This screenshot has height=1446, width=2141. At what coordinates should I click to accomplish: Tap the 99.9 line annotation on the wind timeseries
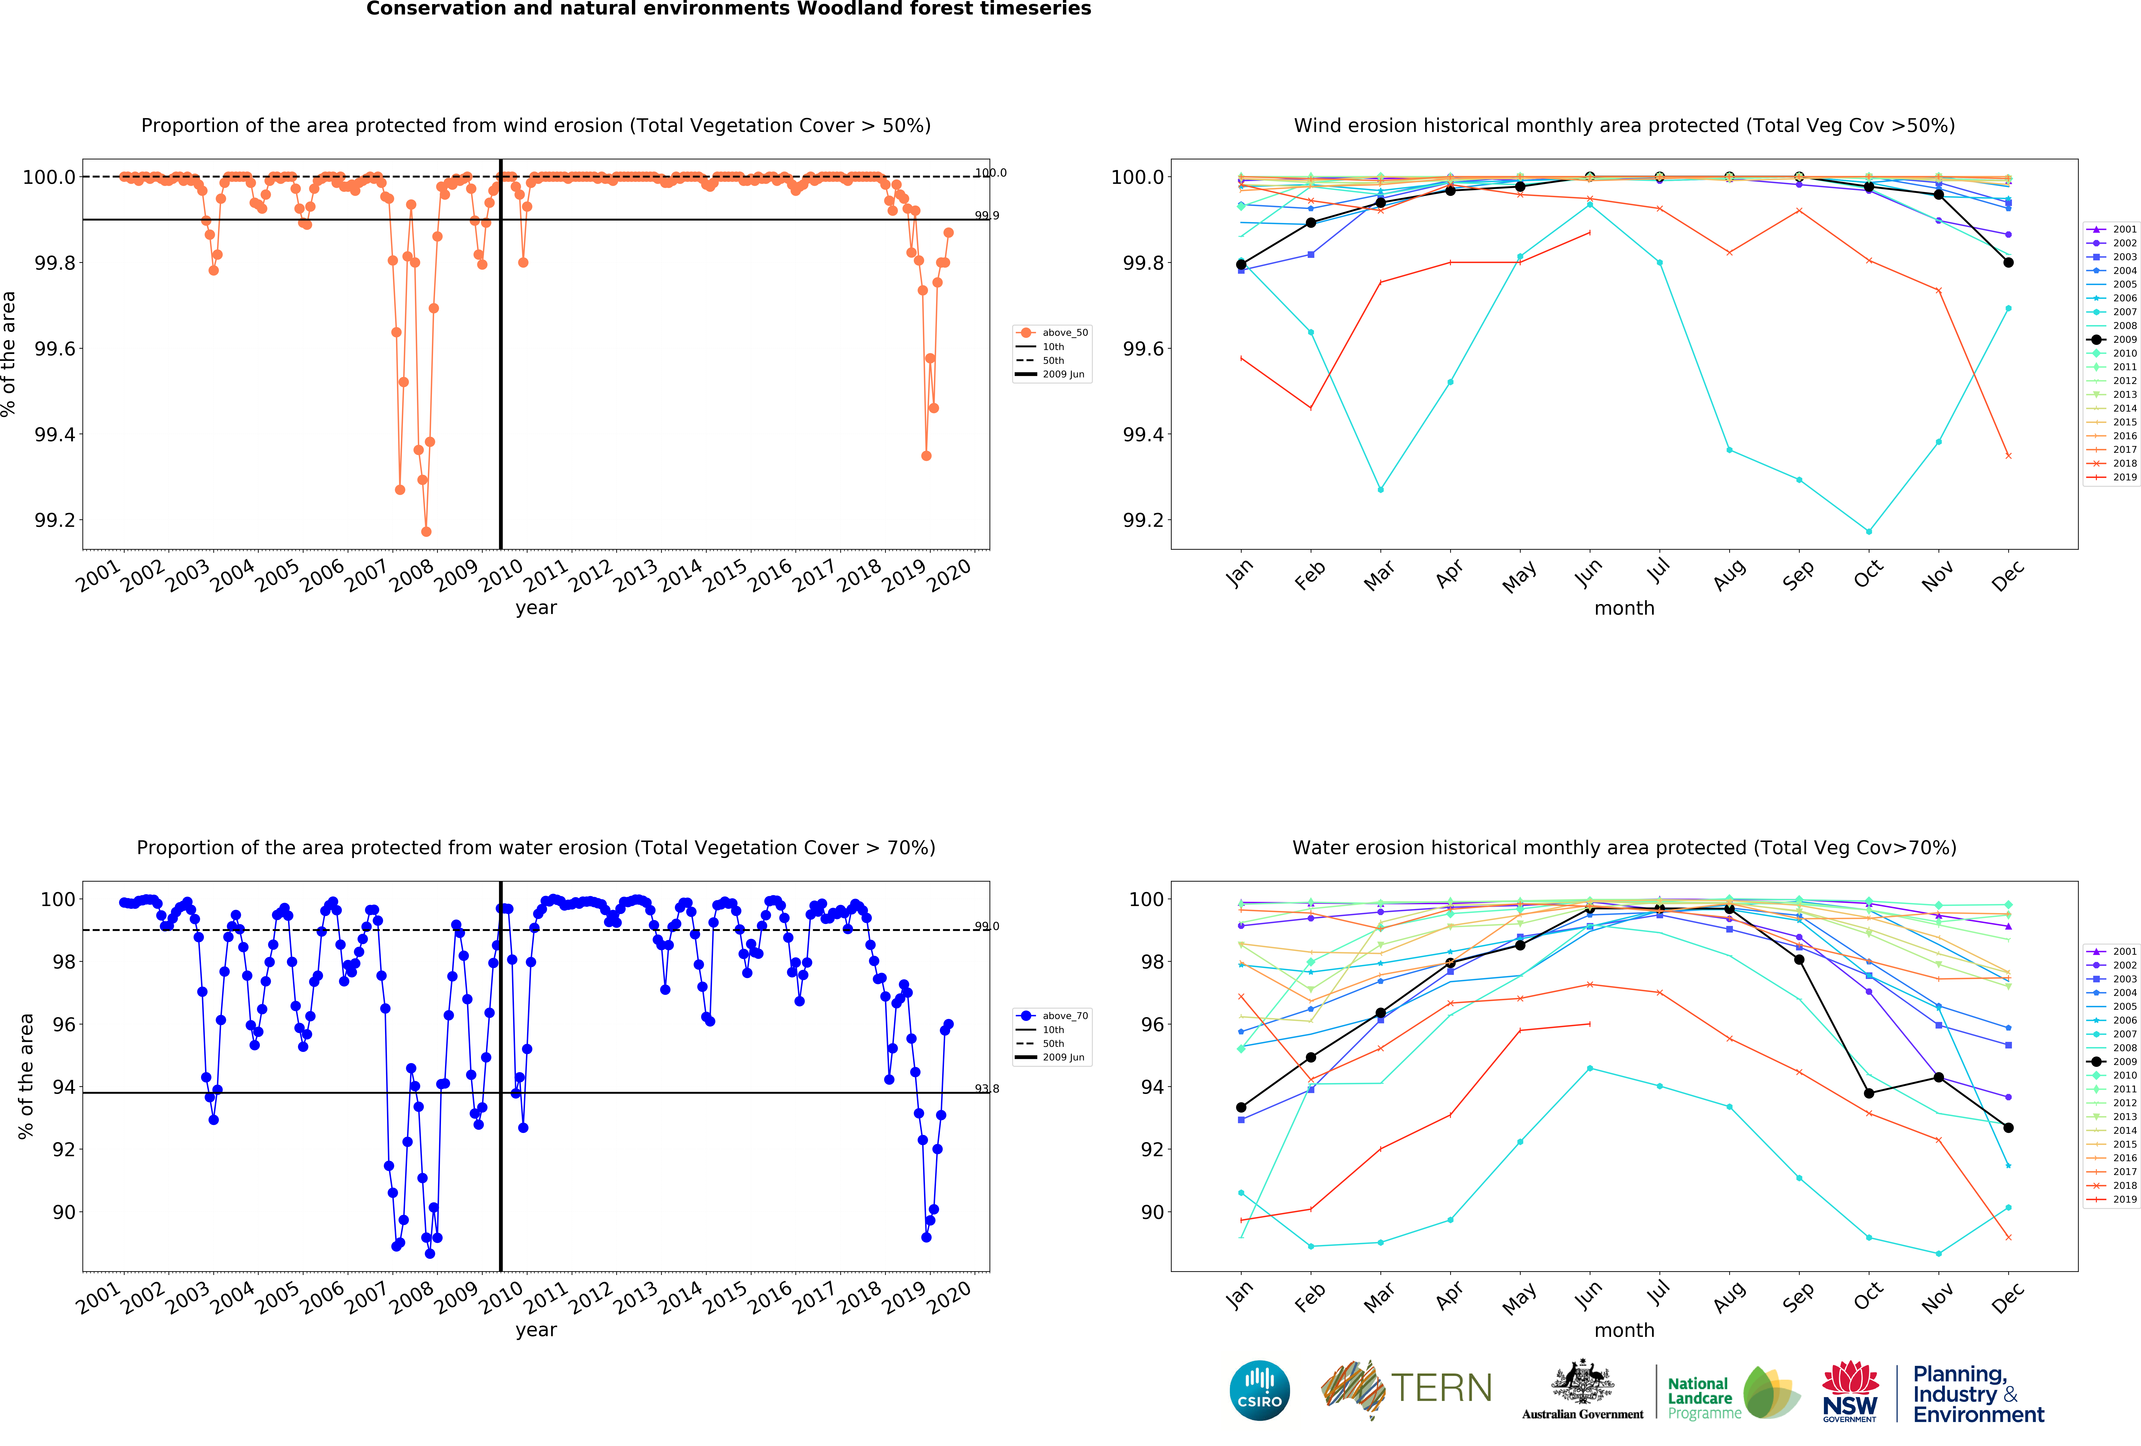click(987, 216)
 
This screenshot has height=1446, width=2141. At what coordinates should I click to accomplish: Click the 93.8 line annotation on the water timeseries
click(987, 1089)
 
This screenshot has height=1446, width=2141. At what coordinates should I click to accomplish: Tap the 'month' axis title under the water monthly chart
click(1624, 1330)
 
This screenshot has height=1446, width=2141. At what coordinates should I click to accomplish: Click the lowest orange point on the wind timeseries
click(426, 531)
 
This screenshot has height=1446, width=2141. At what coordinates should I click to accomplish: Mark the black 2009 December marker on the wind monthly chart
click(2008, 262)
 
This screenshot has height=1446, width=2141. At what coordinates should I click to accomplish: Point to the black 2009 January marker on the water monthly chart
click(1241, 1107)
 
